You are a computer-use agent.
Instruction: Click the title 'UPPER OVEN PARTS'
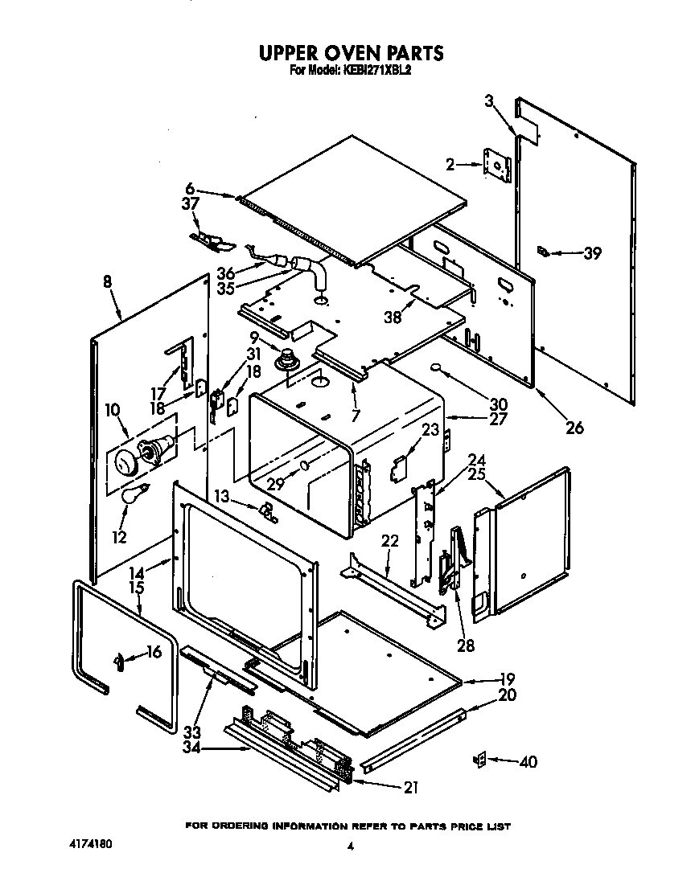(350, 53)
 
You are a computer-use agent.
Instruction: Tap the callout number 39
(592, 253)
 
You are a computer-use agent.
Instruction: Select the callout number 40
(528, 762)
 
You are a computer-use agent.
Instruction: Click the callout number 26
(574, 428)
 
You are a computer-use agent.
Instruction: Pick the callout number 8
(107, 282)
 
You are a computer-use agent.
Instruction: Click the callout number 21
(410, 788)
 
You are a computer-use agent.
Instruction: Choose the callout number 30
(499, 404)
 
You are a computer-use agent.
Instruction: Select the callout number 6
(190, 190)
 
